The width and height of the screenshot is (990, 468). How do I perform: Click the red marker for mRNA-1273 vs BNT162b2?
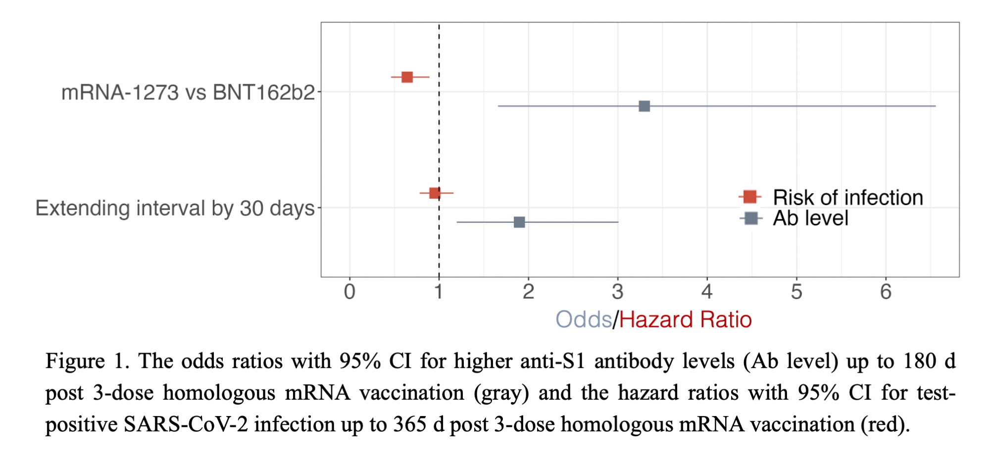tap(407, 77)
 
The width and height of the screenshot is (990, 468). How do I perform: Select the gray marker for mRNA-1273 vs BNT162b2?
tap(644, 106)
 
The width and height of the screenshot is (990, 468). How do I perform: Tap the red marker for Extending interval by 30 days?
tap(435, 193)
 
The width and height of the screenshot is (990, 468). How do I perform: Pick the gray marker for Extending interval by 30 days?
tap(519, 222)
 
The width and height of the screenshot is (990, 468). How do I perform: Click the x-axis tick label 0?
tap(349, 292)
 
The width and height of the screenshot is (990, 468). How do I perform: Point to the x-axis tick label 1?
tap(439, 292)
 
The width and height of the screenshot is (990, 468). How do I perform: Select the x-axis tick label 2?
tap(528, 292)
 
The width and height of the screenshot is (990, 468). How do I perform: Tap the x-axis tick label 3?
tap(617, 292)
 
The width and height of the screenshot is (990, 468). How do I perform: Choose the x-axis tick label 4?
tap(707, 292)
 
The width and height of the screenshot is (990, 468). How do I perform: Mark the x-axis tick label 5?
tap(796, 292)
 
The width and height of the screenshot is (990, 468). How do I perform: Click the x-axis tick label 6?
tap(886, 292)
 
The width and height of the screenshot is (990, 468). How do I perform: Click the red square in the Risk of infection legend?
tap(750, 197)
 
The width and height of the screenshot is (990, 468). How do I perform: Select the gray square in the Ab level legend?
tap(751, 218)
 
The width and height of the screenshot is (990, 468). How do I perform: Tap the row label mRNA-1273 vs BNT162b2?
tap(188, 93)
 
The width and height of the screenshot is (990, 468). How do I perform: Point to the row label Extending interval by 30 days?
tap(175, 208)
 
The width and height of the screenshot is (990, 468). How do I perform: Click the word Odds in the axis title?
tap(584, 320)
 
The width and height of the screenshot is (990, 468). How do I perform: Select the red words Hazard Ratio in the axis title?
tap(685, 320)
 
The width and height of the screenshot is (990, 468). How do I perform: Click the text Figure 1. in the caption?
tap(87, 361)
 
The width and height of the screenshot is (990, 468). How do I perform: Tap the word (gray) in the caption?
tap(501, 393)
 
